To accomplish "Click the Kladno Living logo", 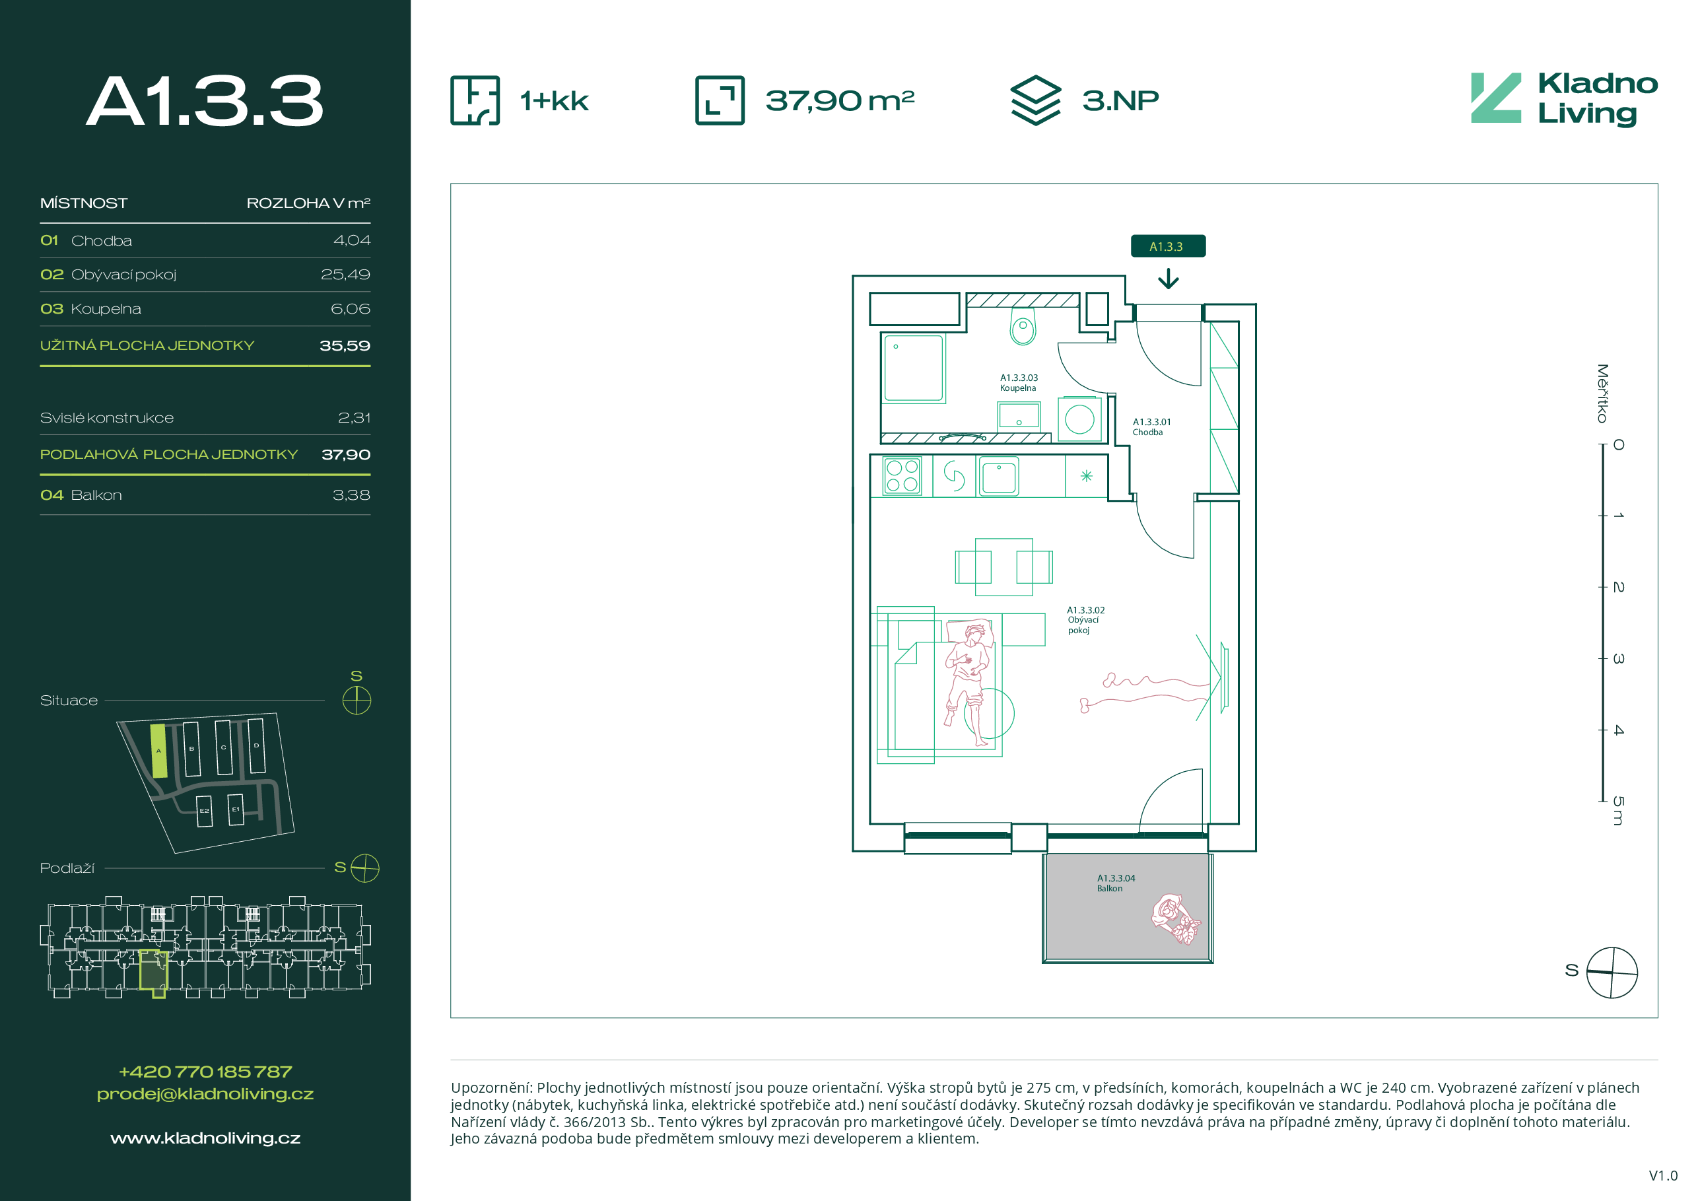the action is [x=1563, y=98].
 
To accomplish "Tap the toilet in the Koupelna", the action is [x=1023, y=326].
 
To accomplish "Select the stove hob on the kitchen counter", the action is [x=902, y=475].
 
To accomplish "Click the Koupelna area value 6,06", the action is [x=351, y=309].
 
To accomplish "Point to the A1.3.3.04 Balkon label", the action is [x=1115, y=883].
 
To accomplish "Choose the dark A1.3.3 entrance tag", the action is [x=1168, y=246].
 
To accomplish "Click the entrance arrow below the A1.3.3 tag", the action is [x=1168, y=278].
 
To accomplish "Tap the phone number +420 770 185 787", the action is [x=205, y=1072].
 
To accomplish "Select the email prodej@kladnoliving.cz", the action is [x=205, y=1095].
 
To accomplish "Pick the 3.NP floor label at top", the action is [x=1120, y=100].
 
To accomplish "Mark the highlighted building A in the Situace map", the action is [x=158, y=751].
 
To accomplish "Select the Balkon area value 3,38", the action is [x=351, y=495].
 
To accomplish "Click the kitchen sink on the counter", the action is [x=998, y=475].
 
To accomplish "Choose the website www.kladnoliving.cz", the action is [x=205, y=1138].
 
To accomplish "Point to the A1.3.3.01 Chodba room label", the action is [x=1151, y=427].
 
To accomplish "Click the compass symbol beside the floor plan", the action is [x=1612, y=973].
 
